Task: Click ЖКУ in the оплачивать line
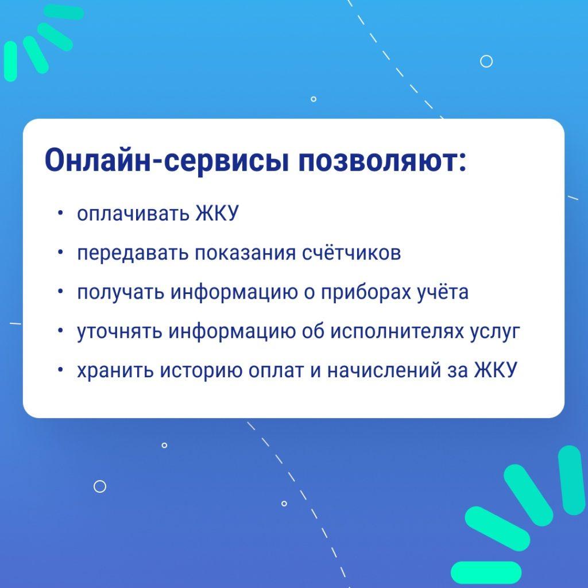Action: pos(216,214)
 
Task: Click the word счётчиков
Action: pos(351,253)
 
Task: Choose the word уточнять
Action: pos(119,331)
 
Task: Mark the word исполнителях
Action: pos(409,331)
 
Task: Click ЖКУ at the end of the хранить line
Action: pos(495,370)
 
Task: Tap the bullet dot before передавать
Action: pos(60,253)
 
